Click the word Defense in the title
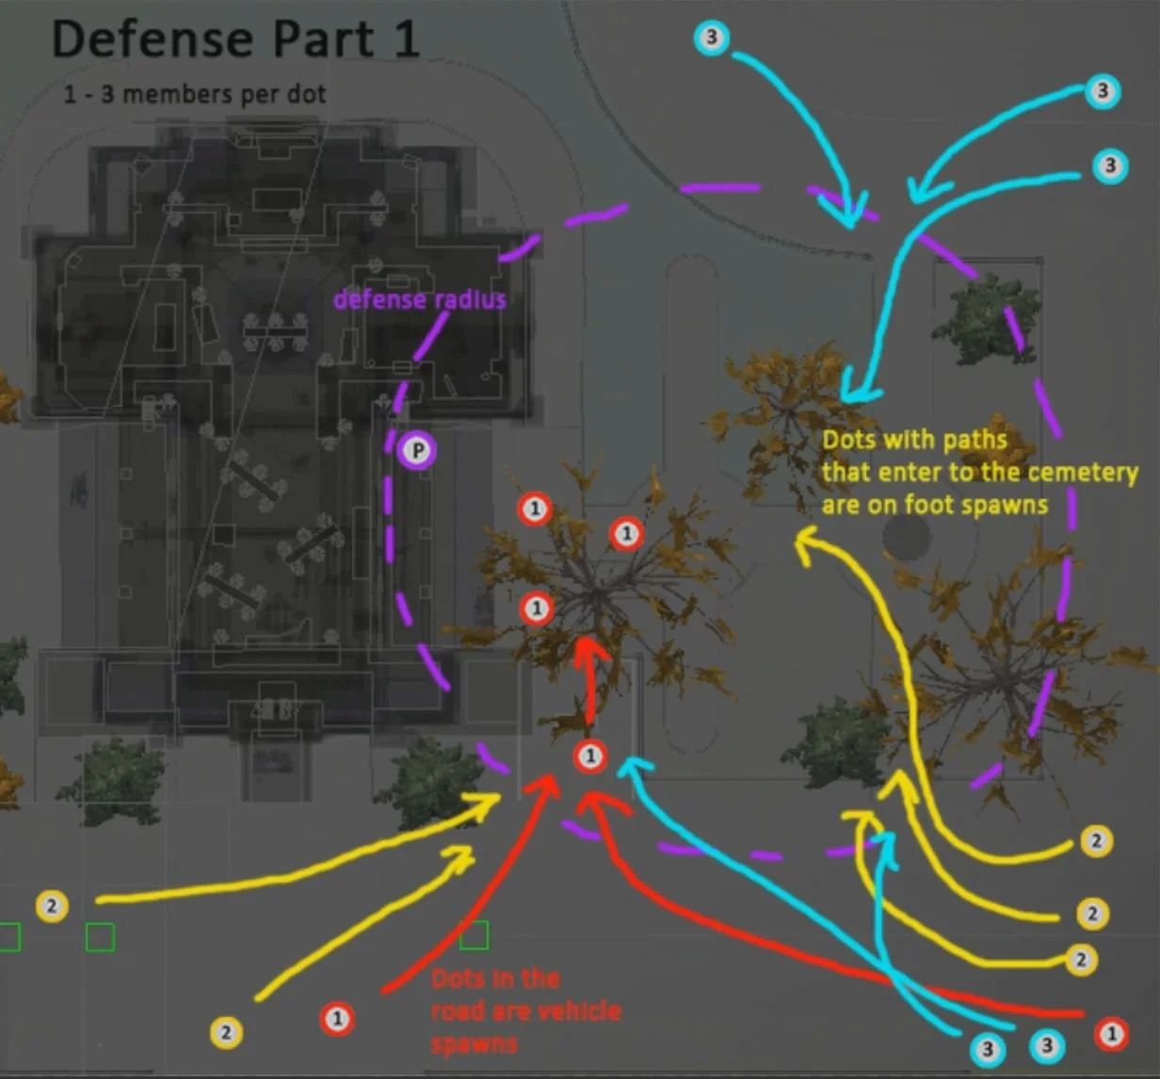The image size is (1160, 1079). point(152,40)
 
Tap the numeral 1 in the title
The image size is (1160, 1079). point(406,40)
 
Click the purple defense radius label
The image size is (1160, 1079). point(420,299)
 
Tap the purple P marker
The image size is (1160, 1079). point(417,451)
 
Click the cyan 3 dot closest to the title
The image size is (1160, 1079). point(711,38)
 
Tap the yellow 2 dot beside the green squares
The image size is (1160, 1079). point(52,906)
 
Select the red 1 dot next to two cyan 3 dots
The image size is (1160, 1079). point(1111,1035)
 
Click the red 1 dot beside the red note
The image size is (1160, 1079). point(337,1018)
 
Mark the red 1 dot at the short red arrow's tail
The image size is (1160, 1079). point(590,755)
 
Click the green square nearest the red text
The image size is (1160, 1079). point(474,935)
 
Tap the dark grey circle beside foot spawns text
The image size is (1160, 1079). point(907,537)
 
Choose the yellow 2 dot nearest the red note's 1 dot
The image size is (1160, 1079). point(226,1033)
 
